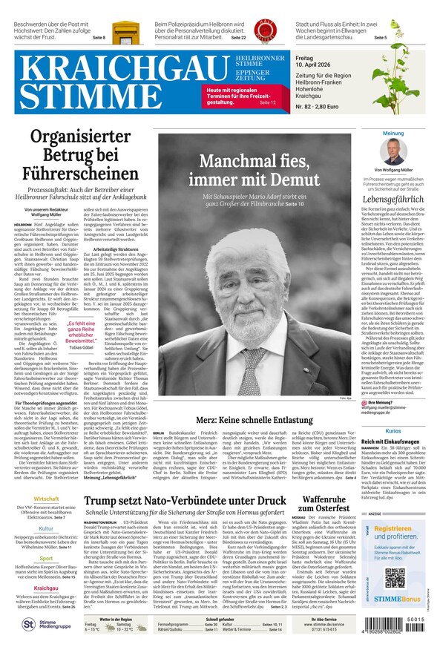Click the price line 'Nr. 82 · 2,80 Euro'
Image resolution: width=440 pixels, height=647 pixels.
click(317, 107)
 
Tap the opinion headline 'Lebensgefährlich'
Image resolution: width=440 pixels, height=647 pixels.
click(393, 200)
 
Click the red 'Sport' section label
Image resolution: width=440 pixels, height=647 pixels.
click(46, 557)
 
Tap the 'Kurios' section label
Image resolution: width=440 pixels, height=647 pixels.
click(393, 430)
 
